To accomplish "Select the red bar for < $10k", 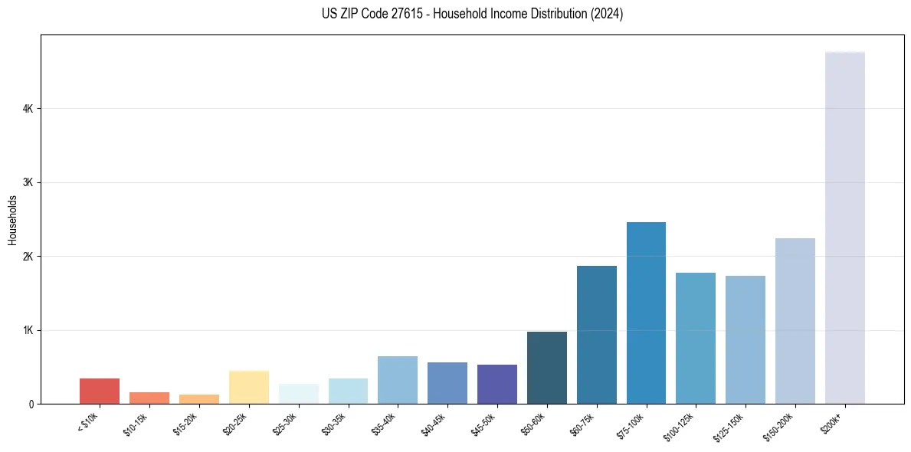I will click(100, 391).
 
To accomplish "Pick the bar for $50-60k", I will click(546, 368).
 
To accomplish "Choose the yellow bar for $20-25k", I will click(248, 387).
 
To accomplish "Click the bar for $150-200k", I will click(795, 321).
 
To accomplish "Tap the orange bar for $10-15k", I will click(149, 398).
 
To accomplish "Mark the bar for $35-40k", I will click(397, 380).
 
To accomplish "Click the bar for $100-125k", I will click(695, 338).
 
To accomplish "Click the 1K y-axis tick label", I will click(28, 330).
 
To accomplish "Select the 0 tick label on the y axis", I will click(31, 404).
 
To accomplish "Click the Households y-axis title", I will click(12, 220).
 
